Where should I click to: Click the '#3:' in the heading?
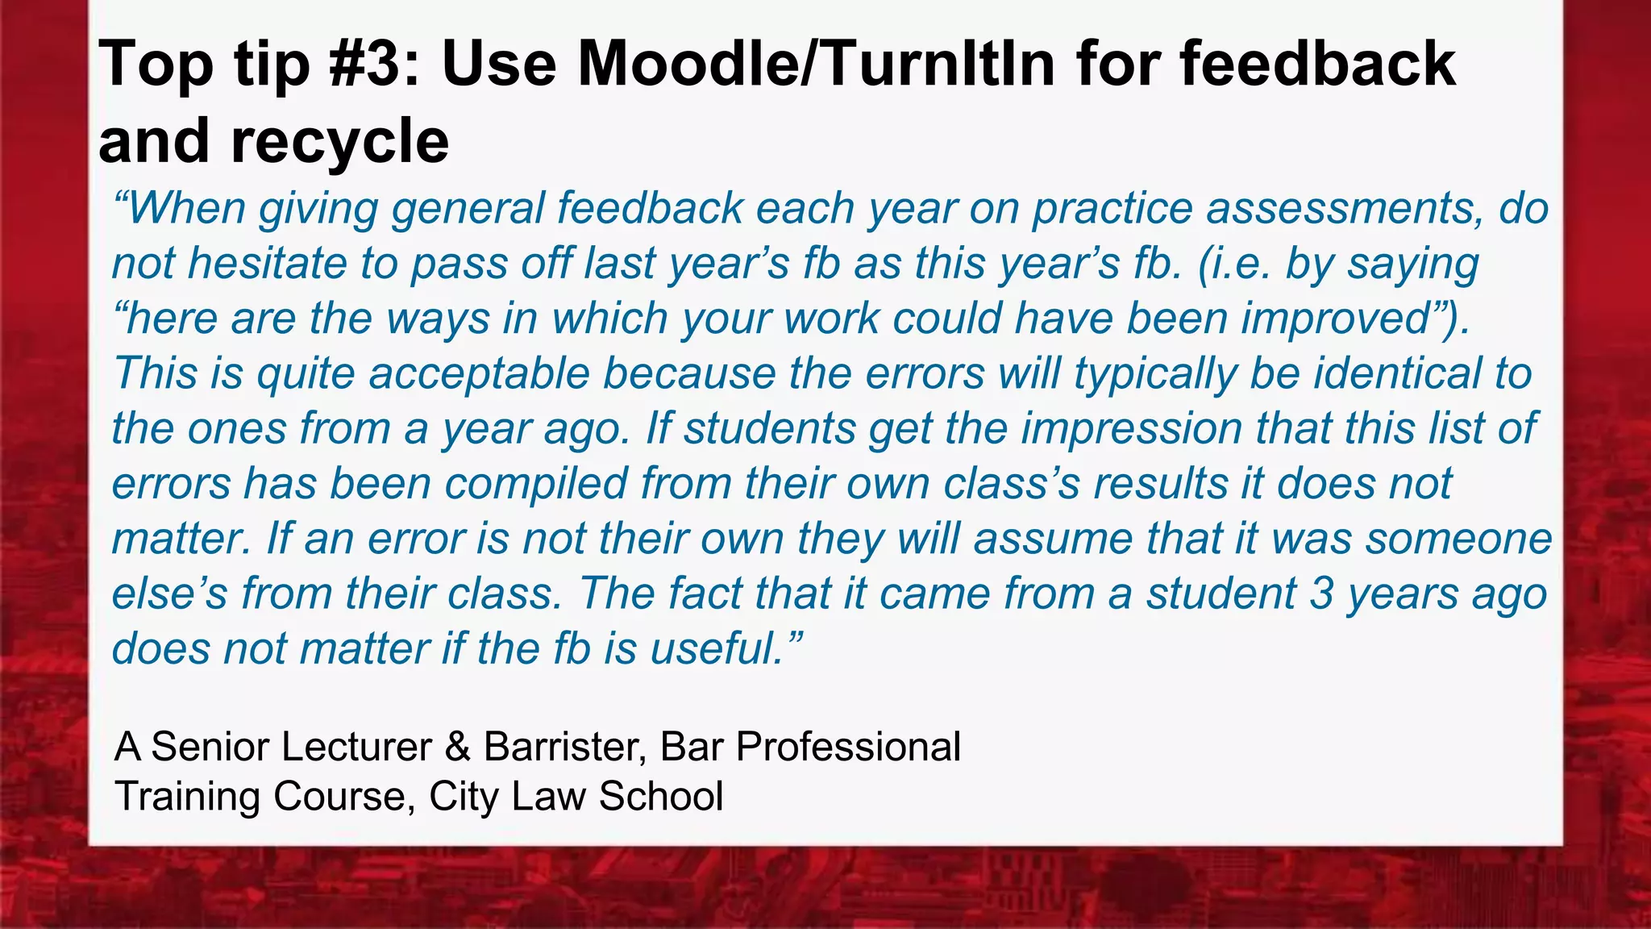[373, 65]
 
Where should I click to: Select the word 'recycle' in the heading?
[339, 142]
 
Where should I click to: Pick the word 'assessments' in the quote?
[1338, 209]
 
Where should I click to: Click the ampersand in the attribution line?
[457, 747]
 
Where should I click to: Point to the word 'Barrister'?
[564, 747]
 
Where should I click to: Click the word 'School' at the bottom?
[661, 797]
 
